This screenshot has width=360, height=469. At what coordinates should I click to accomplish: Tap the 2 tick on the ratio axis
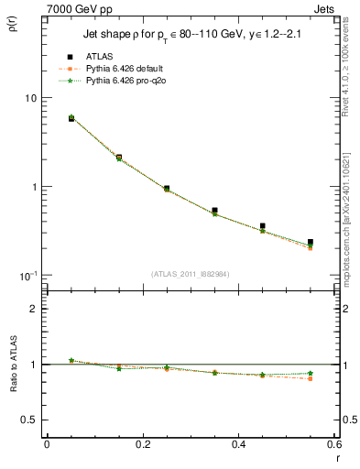pyautogui.click(x=32, y=309)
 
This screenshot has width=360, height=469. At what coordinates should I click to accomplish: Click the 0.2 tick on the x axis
pyautogui.click(x=142, y=444)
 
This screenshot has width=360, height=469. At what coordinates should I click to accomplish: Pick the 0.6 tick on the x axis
pyautogui.click(x=334, y=444)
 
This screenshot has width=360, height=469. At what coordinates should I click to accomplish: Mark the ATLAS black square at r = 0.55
pyautogui.click(x=311, y=243)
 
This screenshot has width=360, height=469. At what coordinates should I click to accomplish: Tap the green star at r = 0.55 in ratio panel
pyautogui.click(x=311, y=373)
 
